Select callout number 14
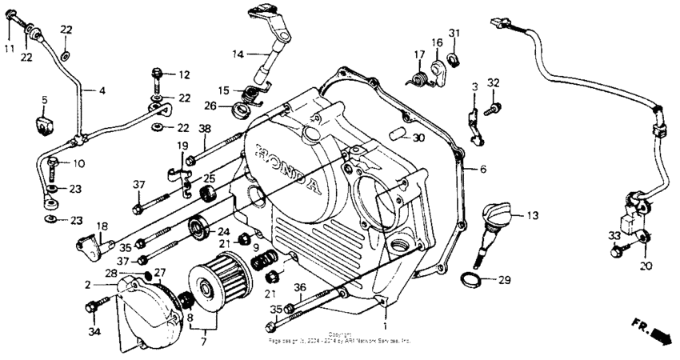pos(238,54)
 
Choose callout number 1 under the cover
pos(384,326)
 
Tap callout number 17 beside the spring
pos(418,54)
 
